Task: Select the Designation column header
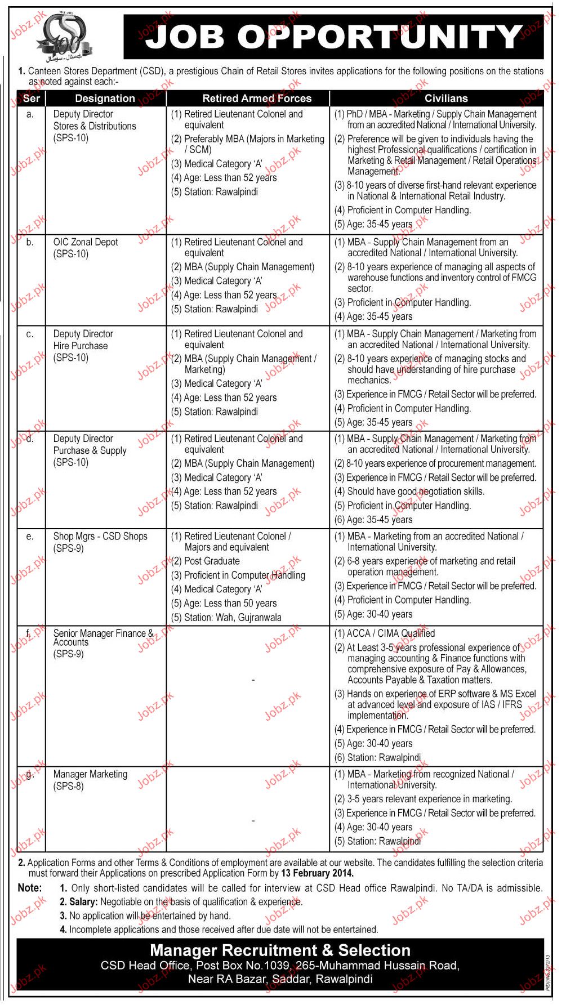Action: point(105,99)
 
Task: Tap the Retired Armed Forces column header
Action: point(257,99)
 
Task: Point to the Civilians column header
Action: point(446,99)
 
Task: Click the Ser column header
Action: point(32,99)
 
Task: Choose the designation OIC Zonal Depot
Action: point(86,242)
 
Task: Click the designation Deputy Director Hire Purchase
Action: point(83,340)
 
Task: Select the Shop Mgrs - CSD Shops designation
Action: point(100,537)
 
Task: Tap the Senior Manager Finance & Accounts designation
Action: point(103,637)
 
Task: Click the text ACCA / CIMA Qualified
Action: point(390,633)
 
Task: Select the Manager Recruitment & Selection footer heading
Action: point(280,951)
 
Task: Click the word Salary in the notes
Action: point(83,902)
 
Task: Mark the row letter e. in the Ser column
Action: point(30,537)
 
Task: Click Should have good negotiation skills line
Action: point(415,492)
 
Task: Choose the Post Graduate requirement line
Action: point(212,561)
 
